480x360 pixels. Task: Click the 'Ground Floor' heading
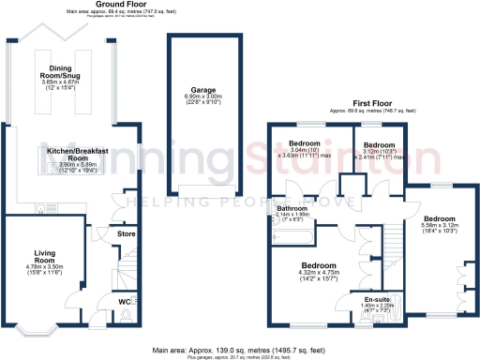pos(117,5)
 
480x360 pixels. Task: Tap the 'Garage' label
pos(190,91)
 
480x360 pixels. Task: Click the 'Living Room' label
pos(47,256)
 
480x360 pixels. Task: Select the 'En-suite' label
pos(379,299)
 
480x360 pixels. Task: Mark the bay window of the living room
pos(39,329)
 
